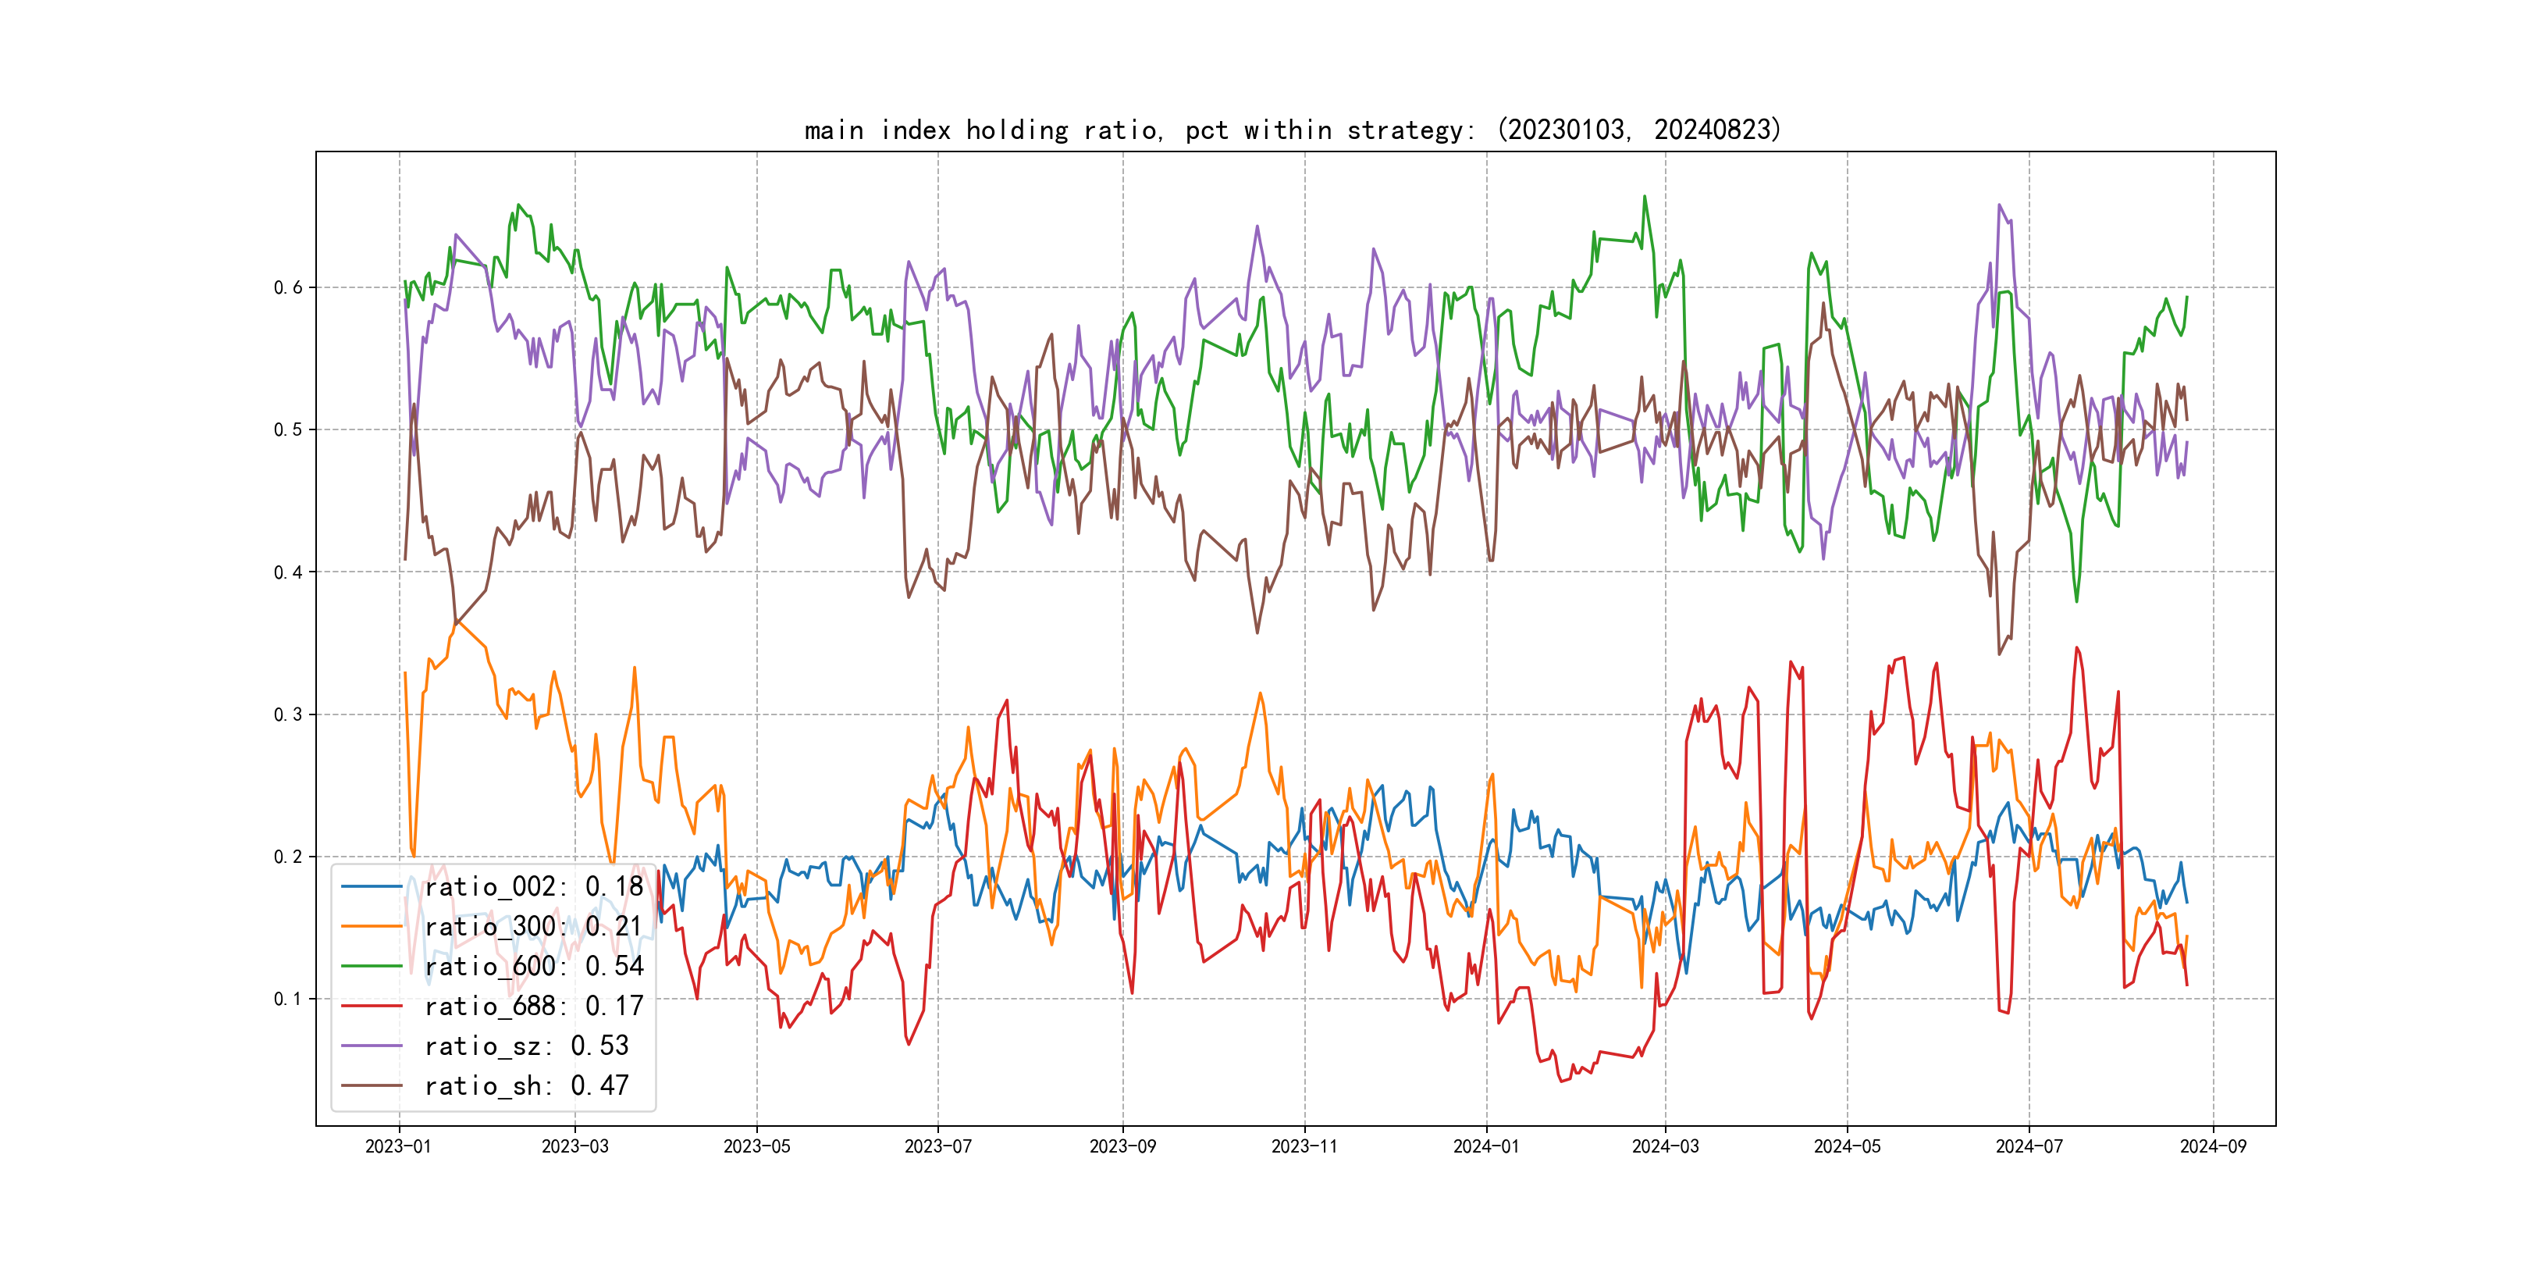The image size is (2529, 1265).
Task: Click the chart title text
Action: coord(1292,130)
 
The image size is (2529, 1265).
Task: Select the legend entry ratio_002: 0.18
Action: coord(533,887)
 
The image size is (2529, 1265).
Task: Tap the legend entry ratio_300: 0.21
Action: coord(533,926)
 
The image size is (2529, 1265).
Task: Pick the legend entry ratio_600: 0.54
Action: coord(533,967)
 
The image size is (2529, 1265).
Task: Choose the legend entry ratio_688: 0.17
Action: coord(533,1006)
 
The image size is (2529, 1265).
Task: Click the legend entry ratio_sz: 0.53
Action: coord(526,1046)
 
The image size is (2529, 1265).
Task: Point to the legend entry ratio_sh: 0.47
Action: coord(526,1085)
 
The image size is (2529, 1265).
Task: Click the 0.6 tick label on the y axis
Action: coord(288,288)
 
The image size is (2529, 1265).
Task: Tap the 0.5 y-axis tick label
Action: coord(288,429)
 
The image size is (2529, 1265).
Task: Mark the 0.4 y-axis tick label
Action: coord(288,572)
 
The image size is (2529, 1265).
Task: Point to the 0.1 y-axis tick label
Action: coord(288,999)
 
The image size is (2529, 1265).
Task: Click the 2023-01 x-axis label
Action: coord(399,1146)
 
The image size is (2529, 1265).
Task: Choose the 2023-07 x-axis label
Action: coord(937,1146)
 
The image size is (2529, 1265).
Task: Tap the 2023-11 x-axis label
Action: coord(1305,1146)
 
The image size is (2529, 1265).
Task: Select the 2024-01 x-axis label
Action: coord(1486,1146)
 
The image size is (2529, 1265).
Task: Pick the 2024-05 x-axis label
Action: coord(1847,1146)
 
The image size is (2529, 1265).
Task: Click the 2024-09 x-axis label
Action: coord(2213,1146)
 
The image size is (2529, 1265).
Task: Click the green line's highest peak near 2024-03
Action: coord(1645,197)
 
